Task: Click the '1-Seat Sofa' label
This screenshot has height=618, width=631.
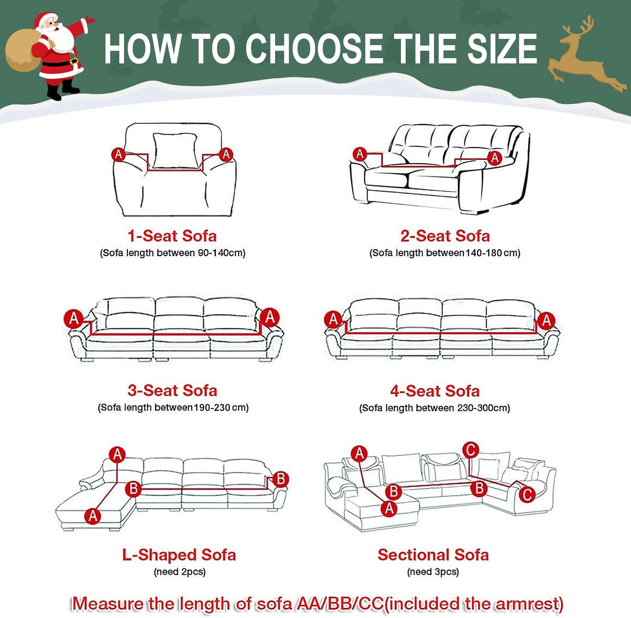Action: pyautogui.click(x=172, y=236)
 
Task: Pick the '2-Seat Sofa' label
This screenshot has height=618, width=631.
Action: pyautogui.click(x=445, y=236)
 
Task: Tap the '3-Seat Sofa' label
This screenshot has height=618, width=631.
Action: pyautogui.click(x=172, y=390)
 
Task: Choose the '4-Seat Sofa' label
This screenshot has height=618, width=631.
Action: pyautogui.click(x=435, y=391)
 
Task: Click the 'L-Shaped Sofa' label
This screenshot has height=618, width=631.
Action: pyautogui.click(x=179, y=555)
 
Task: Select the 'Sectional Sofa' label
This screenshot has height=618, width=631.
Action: pyautogui.click(x=433, y=555)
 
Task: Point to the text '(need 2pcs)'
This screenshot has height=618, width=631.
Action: pyautogui.click(x=180, y=572)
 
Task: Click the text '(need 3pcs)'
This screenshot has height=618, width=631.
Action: pyautogui.click(x=433, y=572)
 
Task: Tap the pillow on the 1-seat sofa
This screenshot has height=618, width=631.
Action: pyautogui.click(x=175, y=151)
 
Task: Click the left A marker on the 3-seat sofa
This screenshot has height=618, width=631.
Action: pyautogui.click(x=74, y=318)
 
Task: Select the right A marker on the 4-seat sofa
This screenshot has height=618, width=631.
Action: pyautogui.click(x=546, y=320)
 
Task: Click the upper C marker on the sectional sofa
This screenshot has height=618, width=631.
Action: pyautogui.click(x=471, y=450)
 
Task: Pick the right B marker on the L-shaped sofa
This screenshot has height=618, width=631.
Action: pyautogui.click(x=281, y=479)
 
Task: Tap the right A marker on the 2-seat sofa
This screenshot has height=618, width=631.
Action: pyautogui.click(x=495, y=158)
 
